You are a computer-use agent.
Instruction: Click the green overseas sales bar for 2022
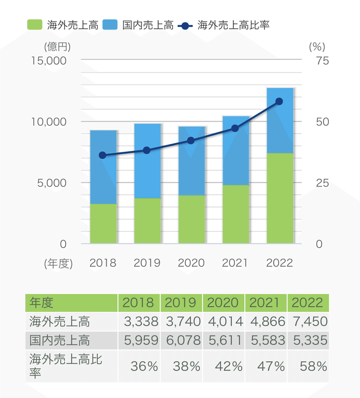(x=280, y=198)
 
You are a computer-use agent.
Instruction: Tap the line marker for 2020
(x=191, y=140)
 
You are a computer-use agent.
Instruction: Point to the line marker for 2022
(x=279, y=101)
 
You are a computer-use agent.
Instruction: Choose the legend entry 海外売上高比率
(x=224, y=25)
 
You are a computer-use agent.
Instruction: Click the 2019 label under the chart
(x=147, y=263)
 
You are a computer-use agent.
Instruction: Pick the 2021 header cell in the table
(x=265, y=303)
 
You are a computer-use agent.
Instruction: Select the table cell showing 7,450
(x=309, y=321)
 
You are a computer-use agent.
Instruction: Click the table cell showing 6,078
(x=182, y=340)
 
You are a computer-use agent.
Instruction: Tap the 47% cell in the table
(x=265, y=366)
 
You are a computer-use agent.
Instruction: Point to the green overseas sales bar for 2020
(x=192, y=219)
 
